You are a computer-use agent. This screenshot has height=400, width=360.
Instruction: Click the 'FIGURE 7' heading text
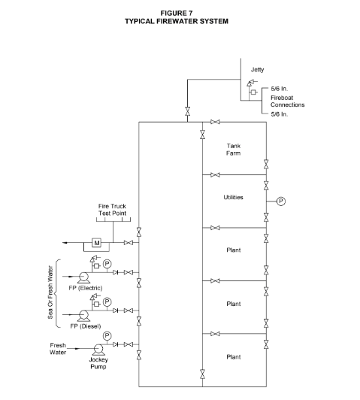pyautogui.click(x=177, y=13)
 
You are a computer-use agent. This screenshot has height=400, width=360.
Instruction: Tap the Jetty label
pyautogui.click(x=257, y=69)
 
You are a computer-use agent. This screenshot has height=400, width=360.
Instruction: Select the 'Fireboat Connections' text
pyautogui.click(x=287, y=102)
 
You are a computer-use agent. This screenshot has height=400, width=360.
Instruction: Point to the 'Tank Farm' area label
pyautogui.click(x=234, y=150)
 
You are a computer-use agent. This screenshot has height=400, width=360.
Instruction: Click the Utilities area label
pyautogui.click(x=233, y=197)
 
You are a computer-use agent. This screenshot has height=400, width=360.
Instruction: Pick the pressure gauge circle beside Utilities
pyautogui.click(x=280, y=202)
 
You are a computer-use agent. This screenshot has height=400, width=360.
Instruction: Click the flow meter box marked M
pyautogui.click(x=96, y=243)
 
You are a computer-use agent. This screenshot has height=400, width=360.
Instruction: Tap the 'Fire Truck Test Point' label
pyautogui.click(x=112, y=210)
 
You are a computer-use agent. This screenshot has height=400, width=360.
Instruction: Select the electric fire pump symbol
pyautogui.click(x=83, y=277)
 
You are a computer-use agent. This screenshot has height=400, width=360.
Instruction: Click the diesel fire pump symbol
pyautogui.click(x=83, y=316)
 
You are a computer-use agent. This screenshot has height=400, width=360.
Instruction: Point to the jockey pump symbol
pyautogui.click(x=98, y=350)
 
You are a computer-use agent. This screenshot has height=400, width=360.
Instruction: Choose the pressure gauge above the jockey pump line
pyautogui.click(x=107, y=336)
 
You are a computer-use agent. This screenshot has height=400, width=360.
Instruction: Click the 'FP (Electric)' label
pyautogui.click(x=86, y=288)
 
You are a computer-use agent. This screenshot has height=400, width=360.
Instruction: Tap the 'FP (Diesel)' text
pyautogui.click(x=86, y=326)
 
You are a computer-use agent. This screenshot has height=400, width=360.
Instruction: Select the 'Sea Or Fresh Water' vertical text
pyautogui.click(x=50, y=292)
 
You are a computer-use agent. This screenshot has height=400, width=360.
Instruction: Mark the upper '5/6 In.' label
pyautogui.click(x=279, y=89)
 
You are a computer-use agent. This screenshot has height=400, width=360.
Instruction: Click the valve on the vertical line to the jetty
pyautogui.click(x=187, y=111)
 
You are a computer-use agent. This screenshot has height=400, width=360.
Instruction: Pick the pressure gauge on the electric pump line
pyautogui.click(x=107, y=264)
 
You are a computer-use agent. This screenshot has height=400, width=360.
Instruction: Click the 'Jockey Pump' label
pyautogui.click(x=98, y=363)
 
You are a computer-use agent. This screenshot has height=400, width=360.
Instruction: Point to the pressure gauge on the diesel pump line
pyautogui.click(x=107, y=302)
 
